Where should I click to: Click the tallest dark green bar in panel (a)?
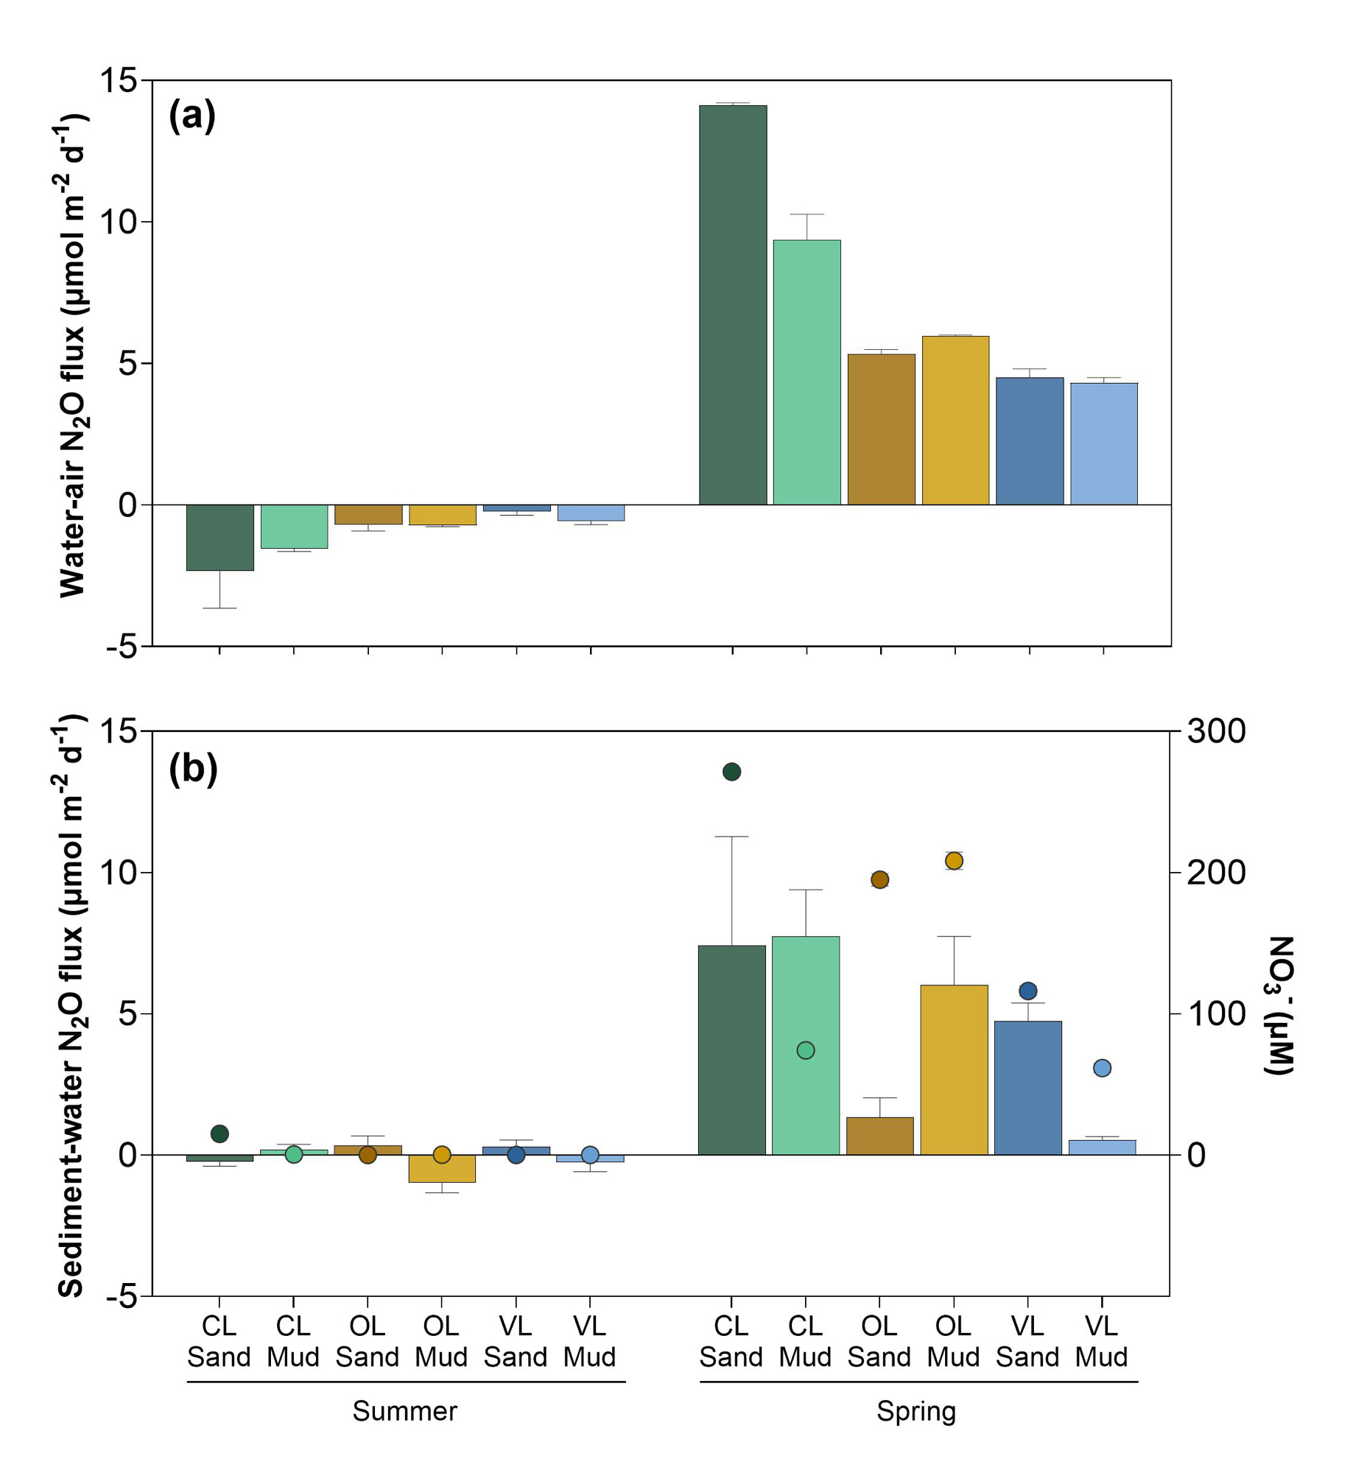click(732, 305)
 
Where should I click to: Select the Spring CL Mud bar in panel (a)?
click(806, 372)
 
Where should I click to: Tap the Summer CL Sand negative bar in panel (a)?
click(219, 537)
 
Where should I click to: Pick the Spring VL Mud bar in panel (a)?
click(1103, 443)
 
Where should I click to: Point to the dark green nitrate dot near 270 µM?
click(731, 772)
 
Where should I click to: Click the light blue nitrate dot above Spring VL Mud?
click(1102, 1068)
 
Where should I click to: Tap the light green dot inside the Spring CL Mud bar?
click(806, 1050)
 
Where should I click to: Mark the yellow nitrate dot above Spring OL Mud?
click(954, 861)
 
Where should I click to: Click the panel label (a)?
click(192, 116)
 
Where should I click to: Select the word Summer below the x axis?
click(404, 1411)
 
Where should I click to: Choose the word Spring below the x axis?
click(916, 1411)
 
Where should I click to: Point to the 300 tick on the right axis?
click(1216, 731)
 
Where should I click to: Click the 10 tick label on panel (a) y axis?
click(119, 222)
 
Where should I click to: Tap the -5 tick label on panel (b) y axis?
click(122, 1296)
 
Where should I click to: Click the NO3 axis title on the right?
click(1280, 1005)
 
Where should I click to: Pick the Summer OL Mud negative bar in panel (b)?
click(442, 1168)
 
